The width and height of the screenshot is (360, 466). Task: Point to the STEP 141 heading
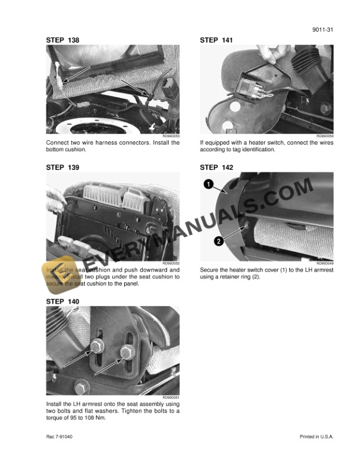click(x=216, y=40)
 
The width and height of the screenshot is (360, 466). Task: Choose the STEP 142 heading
click(x=216, y=168)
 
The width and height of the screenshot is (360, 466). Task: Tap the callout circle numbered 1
click(x=208, y=185)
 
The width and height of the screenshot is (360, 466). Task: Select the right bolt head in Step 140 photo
click(x=125, y=352)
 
